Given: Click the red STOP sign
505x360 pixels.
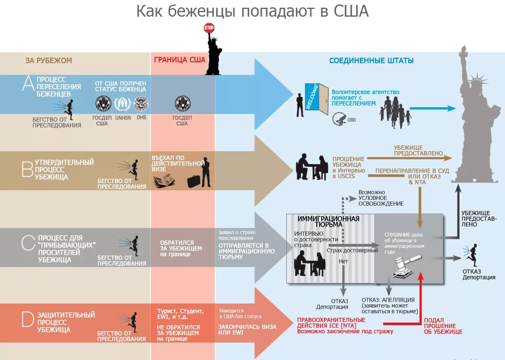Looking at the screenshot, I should click(x=209, y=28).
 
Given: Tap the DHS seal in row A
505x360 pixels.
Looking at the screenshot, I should click(x=141, y=104).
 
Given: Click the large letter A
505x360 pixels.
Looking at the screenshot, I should click(x=28, y=84).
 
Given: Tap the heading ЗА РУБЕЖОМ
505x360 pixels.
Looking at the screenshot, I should click(x=48, y=61).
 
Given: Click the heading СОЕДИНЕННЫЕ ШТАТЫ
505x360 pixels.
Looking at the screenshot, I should click(x=371, y=61).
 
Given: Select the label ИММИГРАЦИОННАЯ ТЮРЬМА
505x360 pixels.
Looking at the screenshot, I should click(x=328, y=221).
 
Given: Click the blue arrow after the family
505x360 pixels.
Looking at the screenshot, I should click(x=433, y=108).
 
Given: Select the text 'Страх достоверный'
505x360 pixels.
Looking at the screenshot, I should click(x=352, y=250).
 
